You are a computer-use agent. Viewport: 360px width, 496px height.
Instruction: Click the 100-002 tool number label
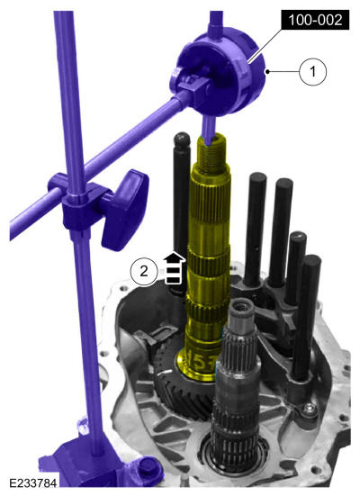(x=315, y=20)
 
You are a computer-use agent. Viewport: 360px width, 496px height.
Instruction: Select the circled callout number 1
(x=312, y=71)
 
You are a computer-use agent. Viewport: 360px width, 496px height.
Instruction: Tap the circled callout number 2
(x=144, y=272)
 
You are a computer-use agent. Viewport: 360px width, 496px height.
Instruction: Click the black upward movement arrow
(x=174, y=267)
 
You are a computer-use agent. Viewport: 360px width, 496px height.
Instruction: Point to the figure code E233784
(x=33, y=483)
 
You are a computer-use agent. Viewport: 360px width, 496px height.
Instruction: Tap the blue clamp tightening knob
(x=124, y=209)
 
